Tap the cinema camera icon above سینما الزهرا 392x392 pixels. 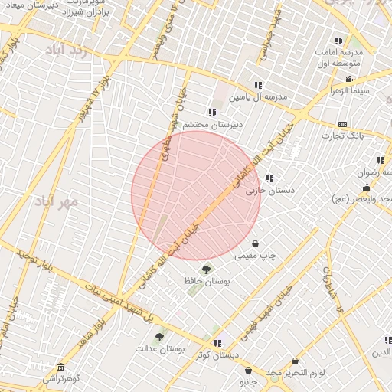coord(349,79)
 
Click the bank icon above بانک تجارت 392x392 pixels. coord(341,124)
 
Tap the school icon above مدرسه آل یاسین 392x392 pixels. coord(258,85)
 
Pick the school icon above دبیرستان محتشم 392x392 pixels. coord(212,113)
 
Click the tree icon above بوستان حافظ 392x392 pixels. coord(206,269)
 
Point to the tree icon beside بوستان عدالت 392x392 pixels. coord(159,337)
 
